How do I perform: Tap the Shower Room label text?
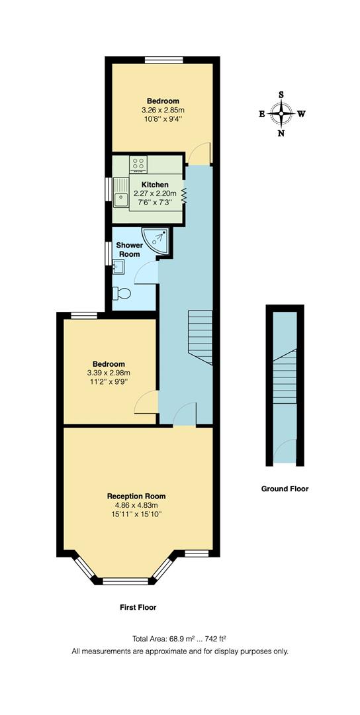128,250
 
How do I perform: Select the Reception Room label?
136,496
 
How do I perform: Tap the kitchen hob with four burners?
138,164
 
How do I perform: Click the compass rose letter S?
281,94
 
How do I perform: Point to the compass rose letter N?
281,133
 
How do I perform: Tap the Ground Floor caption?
285,489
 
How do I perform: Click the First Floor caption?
138,607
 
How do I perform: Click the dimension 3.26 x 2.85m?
163,110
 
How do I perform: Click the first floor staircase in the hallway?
201,337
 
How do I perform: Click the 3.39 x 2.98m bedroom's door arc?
147,402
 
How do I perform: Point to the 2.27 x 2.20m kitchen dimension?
155,193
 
